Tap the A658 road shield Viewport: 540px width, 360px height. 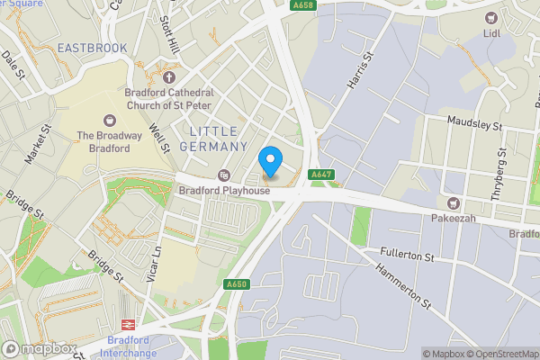coord(303,5)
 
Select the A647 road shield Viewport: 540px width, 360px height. coord(321,174)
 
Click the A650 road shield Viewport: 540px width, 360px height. coord(237,285)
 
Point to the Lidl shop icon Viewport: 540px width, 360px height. coord(490,18)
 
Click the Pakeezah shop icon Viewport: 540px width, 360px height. coord(454,203)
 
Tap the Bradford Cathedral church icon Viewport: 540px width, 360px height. coord(168,77)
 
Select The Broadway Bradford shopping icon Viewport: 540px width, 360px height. coord(111,120)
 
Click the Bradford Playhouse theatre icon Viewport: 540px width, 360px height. coord(224,175)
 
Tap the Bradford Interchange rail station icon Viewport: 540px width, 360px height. coord(127,324)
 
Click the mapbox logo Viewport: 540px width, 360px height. coord(38,348)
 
